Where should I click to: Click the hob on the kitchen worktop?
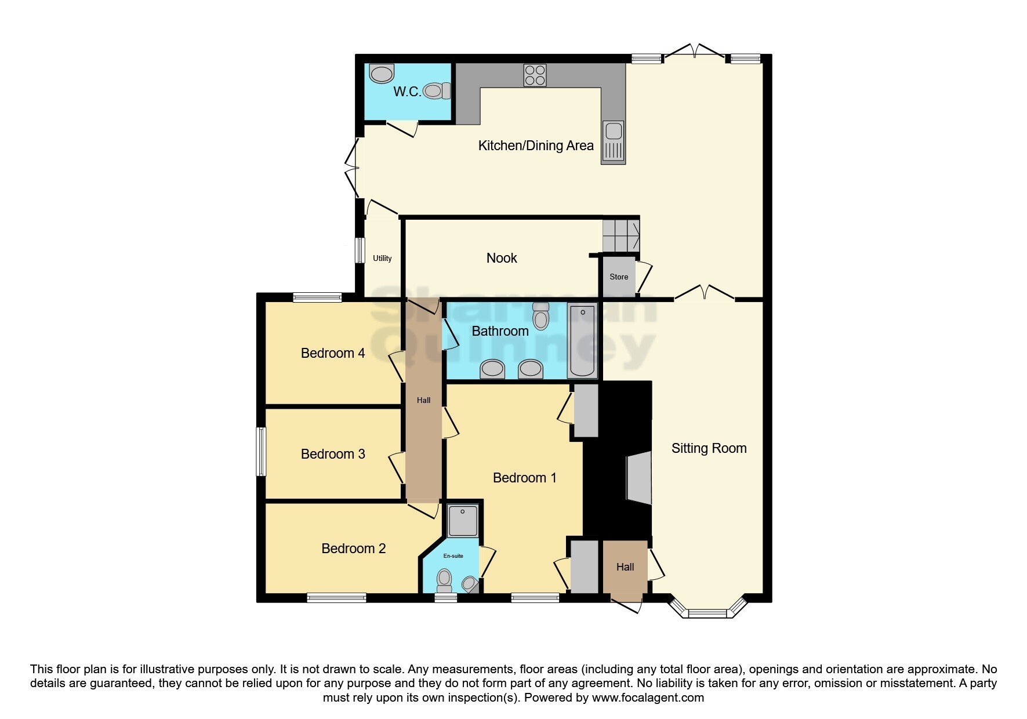click(535, 75)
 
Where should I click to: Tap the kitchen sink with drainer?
click(613, 142)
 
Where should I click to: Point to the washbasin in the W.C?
click(381, 74)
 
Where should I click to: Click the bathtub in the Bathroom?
click(582, 341)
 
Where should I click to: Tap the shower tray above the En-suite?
click(463, 521)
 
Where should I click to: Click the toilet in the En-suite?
click(444, 578)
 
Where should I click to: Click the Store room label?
click(619, 277)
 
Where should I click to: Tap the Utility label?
click(382, 259)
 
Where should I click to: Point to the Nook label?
click(502, 259)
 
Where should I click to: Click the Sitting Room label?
click(709, 448)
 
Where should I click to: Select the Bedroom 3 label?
click(333, 454)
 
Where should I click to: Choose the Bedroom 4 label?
click(333, 353)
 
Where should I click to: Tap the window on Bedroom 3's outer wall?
click(262, 452)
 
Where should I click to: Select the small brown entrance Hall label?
click(625, 567)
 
